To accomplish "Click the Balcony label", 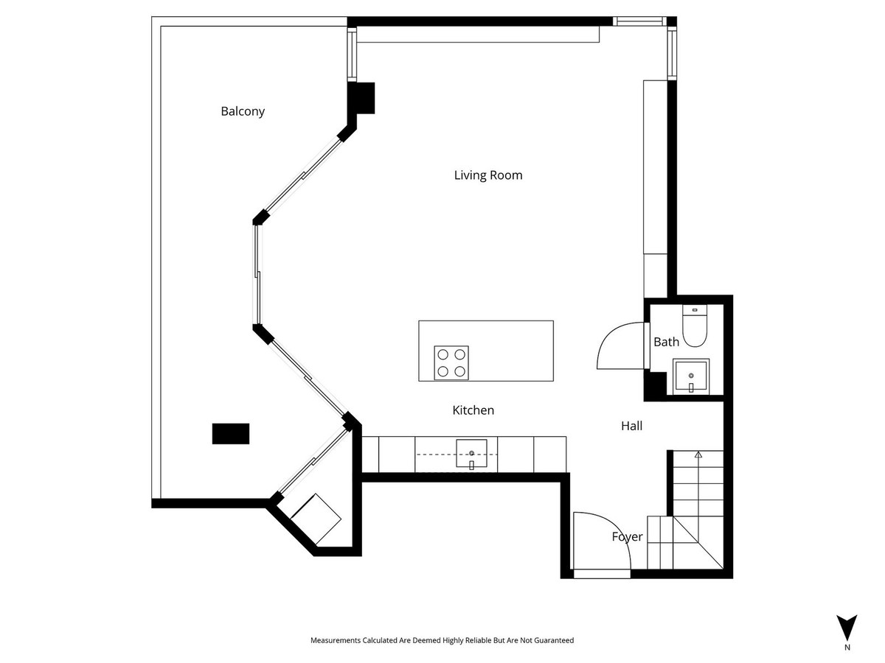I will pos(243,112).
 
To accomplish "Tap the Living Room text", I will pos(487,175).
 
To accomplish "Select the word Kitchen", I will pos(473,410).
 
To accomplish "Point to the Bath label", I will pos(666,342).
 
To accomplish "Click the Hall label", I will pos(631,426).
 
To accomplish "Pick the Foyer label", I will pos(627,537).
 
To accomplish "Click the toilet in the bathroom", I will pos(694,326).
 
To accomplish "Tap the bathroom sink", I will pos(691,376).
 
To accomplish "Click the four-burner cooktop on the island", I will pos(451,362).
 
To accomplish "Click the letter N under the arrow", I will pos(847,648).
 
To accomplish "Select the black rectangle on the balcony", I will pos(231,433).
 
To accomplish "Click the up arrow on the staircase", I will pos(698,456).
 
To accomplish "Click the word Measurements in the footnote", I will pos(336,641).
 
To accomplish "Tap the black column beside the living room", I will pos(362,98).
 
